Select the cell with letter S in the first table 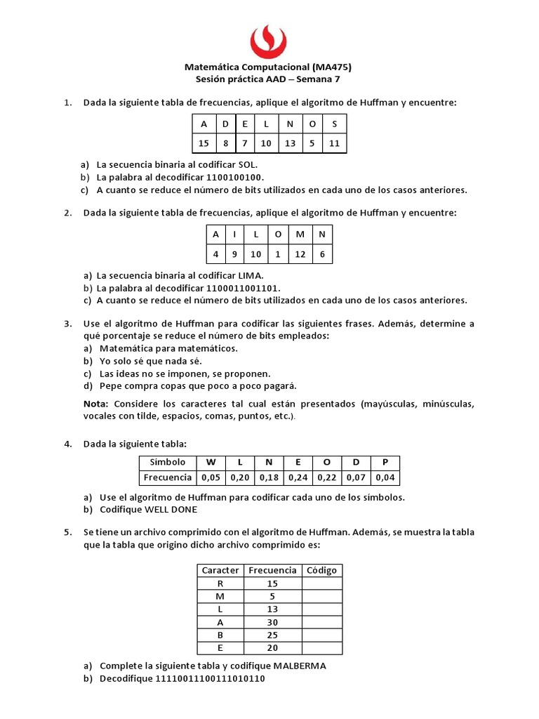pyautogui.click(x=334, y=124)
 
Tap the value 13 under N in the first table pyautogui.click(x=290, y=144)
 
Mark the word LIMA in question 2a pyautogui.click(x=251, y=276)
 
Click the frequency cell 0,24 pyautogui.click(x=298, y=477)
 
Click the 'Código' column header pyautogui.click(x=322, y=570)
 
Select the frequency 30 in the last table pyautogui.click(x=272, y=621)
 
